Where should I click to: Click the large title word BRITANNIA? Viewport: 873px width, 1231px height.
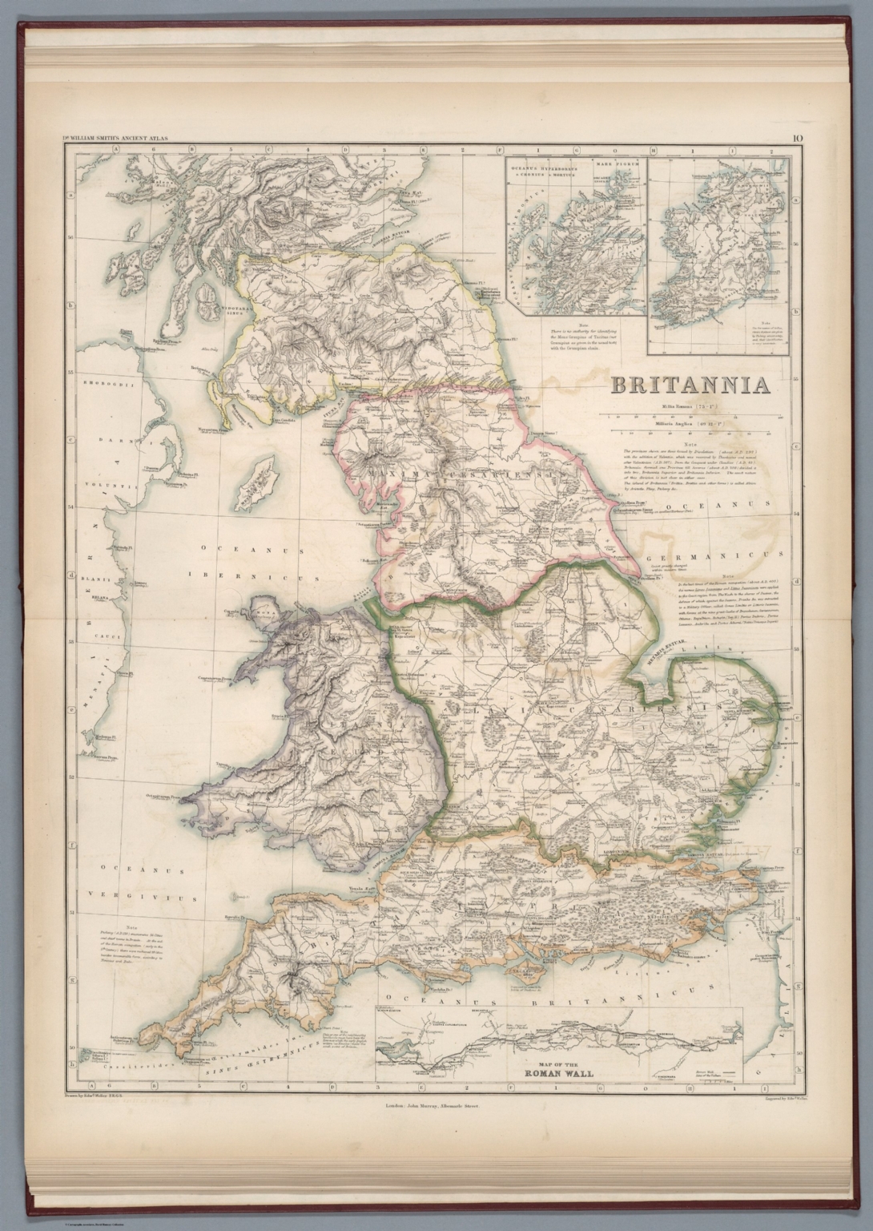coord(690,385)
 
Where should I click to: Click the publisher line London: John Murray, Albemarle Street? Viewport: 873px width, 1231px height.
coord(436,1104)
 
